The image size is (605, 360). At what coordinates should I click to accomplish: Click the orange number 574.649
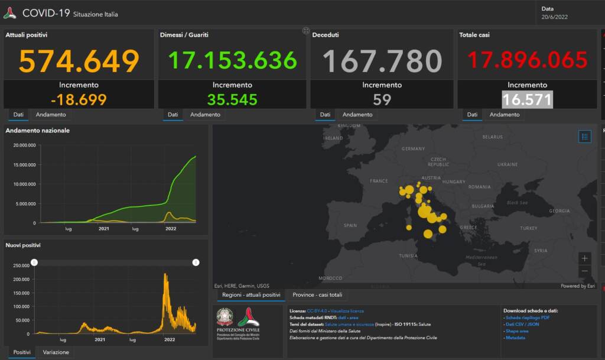point(79,60)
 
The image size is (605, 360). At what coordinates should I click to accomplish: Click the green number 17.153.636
point(232,60)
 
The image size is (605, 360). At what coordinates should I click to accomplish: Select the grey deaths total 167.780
point(382,60)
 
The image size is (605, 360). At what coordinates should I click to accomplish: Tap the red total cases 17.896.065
point(528,60)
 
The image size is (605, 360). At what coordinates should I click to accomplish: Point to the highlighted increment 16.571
point(527,99)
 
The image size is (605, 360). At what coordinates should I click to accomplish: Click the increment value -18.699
point(79,99)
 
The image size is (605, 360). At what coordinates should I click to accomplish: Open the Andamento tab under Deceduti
point(357,115)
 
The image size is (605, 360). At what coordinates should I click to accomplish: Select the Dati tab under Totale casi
point(472,115)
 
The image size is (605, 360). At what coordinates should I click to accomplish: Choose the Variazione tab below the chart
point(56,352)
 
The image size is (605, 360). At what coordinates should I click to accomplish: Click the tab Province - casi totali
point(317,295)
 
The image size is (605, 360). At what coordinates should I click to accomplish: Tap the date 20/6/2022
point(554,17)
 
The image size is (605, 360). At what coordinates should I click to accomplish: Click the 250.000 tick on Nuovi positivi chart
point(21,265)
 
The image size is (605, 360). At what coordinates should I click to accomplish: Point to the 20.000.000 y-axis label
point(24,145)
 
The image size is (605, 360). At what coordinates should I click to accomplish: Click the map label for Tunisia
point(408,256)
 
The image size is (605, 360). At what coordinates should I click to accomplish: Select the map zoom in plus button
point(584,258)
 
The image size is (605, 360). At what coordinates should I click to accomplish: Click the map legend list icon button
point(584,137)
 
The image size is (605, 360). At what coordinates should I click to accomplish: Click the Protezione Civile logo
point(248,323)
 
